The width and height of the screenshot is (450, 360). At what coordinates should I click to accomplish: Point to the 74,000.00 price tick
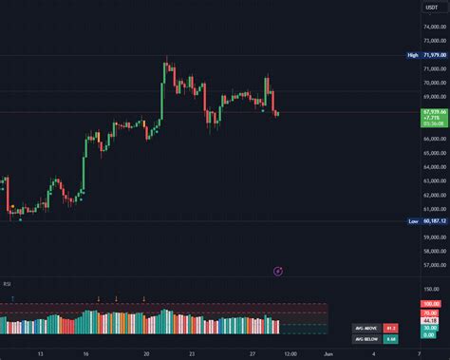[432, 28]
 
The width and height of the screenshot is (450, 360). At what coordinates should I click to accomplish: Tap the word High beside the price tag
[413, 56]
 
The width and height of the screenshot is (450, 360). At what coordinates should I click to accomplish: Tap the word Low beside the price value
[413, 221]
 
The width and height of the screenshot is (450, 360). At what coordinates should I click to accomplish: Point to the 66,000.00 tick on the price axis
[432, 139]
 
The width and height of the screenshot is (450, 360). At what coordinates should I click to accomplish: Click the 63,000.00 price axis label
[432, 180]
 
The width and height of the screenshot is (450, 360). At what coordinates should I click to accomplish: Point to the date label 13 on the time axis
[39, 352]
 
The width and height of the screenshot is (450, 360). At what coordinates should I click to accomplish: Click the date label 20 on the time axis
[146, 352]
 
